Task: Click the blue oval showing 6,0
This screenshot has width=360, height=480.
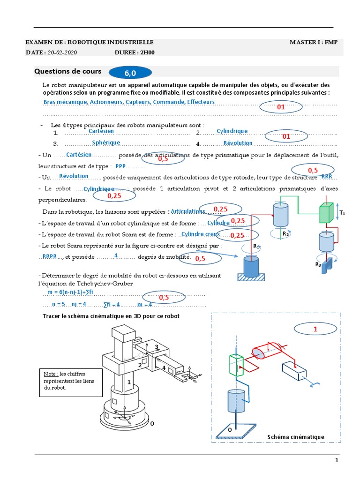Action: pos(130,73)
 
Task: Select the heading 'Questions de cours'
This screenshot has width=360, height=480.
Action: pos(67,71)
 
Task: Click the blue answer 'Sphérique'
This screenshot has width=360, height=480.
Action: pos(106,142)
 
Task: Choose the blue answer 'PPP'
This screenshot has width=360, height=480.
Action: pos(120,166)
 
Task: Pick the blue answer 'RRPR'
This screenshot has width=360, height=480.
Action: pos(49,256)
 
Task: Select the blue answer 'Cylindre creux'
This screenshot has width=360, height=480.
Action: pos(201,234)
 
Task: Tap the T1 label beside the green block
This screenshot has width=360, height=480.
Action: pos(342,213)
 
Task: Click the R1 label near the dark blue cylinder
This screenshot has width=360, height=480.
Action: pos(256,246)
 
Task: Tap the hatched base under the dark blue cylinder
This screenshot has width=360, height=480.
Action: pos(251,277)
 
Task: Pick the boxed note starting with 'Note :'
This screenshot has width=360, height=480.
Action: pos(62,381)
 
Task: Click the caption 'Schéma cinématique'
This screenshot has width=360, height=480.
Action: pos(296,437)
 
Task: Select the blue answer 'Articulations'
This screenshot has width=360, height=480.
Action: pos(188,211)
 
